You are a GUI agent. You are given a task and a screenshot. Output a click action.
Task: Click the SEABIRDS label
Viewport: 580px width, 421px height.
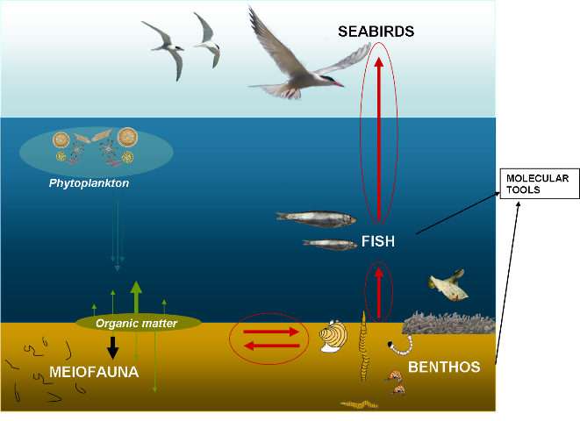click(x=376, y=32)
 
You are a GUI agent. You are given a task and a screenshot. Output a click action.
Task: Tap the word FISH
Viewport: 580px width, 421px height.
click(x=378, y=241)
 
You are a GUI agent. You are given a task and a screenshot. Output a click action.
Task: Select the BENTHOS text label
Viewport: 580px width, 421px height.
click(x=444, y=367)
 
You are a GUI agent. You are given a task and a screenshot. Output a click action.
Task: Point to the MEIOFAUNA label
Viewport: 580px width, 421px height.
click(x=94, y=372)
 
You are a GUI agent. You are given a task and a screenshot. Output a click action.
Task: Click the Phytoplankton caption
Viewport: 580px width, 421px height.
click(x=89, y=184)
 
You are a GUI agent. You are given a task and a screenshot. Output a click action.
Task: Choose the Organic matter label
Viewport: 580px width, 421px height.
click(x=136, y=324)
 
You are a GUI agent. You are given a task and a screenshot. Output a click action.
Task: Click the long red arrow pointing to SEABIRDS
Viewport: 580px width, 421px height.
click(x=379, y=140)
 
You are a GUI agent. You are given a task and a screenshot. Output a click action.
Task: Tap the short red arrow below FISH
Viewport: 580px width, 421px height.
click(x=379, y=292)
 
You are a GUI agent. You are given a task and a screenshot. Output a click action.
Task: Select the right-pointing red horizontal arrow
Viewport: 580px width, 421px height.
click(x=271, y=332)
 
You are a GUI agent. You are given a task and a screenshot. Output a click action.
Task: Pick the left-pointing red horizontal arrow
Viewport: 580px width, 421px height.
click(x=271, y=346)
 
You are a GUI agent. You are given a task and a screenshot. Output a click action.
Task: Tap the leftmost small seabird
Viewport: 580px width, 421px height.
click(x=165, y=48)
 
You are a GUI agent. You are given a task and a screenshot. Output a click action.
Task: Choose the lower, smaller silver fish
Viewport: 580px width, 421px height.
click(x=330, y=245)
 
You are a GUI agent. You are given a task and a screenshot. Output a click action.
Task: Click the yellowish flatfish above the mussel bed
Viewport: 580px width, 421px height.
click(x=448, y=284)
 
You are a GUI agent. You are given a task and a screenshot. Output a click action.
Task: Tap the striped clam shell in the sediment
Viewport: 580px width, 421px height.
click(x=333, y=337)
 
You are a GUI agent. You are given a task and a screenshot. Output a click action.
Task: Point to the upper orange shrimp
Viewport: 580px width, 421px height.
click(x=394, y=375)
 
